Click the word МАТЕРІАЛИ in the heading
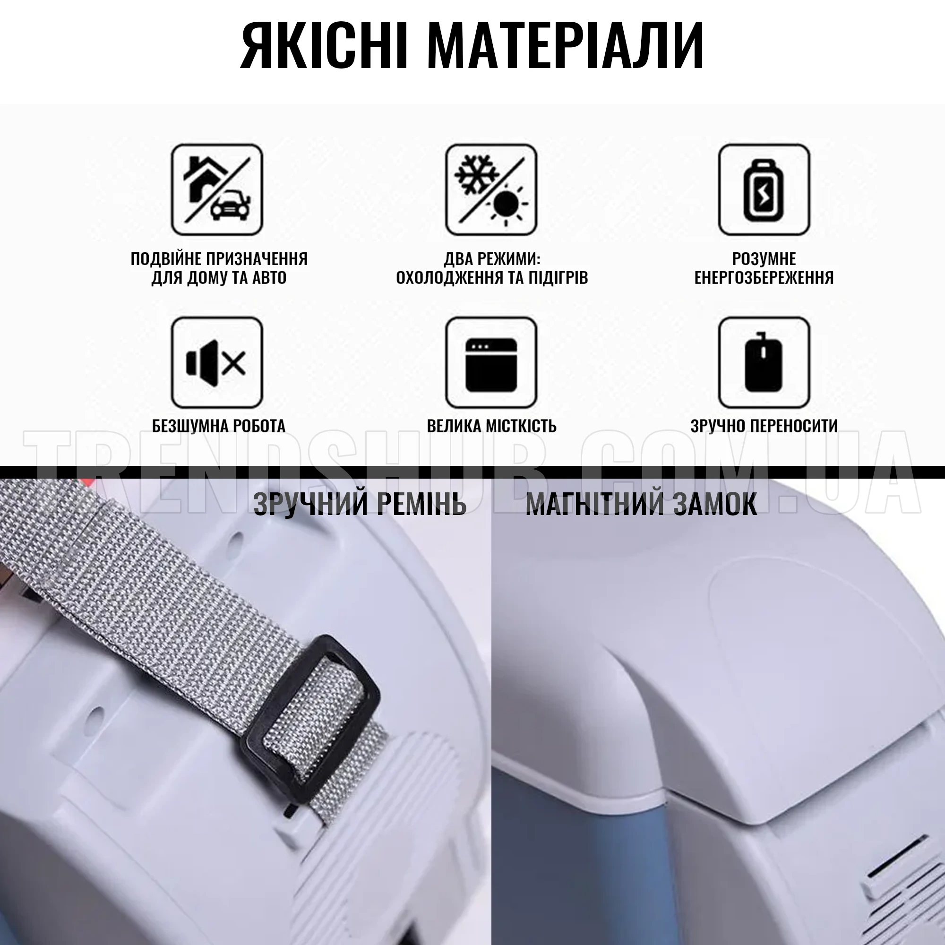566,45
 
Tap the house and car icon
217,189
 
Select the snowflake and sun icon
491,189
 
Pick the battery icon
764,189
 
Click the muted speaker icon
217,362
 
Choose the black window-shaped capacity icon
491,362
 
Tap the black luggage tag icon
764,362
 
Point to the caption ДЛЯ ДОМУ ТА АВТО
219,278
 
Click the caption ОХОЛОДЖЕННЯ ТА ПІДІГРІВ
491,278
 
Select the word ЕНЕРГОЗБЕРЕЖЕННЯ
764,278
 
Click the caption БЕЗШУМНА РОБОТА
219,426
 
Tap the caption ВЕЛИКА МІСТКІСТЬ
491,426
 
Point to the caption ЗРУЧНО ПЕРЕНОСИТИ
764,426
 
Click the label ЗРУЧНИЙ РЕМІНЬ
360,504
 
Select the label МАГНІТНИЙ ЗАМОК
641,504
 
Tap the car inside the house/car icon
231,206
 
